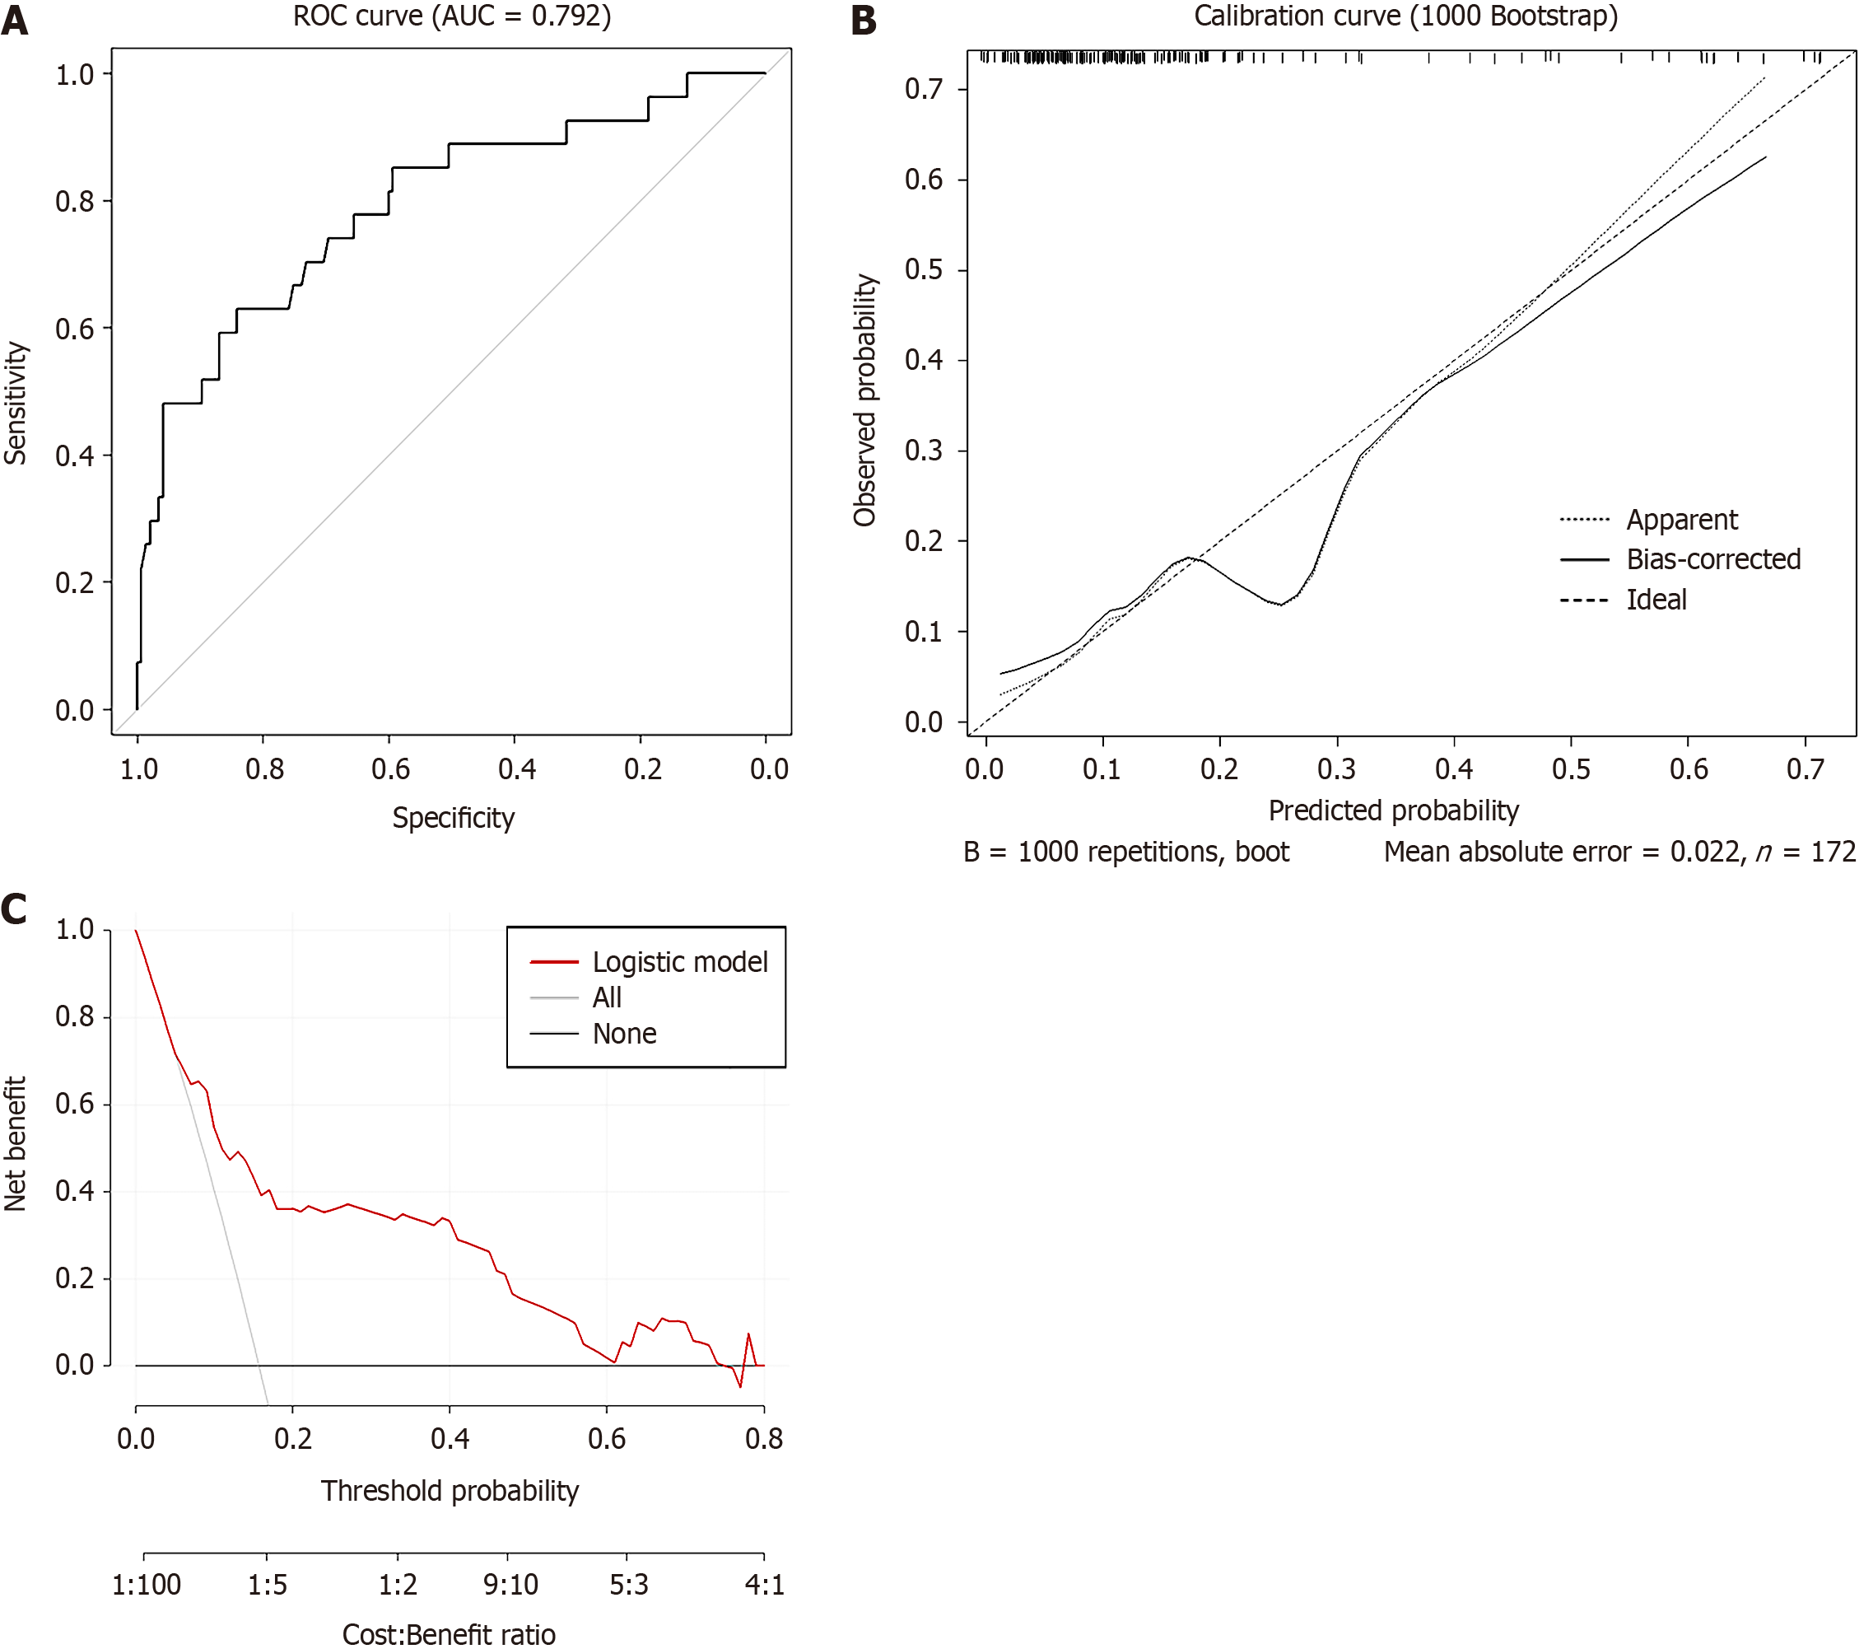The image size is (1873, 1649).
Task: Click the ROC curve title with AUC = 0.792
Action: point(452,16)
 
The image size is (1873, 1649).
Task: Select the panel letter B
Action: point(863,20)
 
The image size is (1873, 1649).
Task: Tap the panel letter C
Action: point(15,909)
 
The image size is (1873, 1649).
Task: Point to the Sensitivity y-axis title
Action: point(16,404)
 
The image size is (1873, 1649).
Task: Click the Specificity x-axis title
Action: point(453,818)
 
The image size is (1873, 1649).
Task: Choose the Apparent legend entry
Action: point(1680,520)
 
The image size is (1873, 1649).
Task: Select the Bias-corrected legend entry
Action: point(1712,559)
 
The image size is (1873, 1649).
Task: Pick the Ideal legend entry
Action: point(1656,600)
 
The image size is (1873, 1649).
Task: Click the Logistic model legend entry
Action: point(679,961)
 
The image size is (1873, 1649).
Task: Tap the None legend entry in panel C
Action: point(624,1034)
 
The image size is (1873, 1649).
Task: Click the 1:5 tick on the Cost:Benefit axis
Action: point(267,1585)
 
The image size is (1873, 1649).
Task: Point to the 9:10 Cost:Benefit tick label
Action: point(510,1585)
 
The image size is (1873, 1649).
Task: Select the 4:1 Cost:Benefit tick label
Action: point(764,1585)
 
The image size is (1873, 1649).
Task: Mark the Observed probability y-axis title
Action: point(865,399)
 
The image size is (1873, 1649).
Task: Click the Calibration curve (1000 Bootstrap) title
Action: point(1405,16)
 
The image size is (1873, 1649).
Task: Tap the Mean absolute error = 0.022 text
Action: point(1562,852)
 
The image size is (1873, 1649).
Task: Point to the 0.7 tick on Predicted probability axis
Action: point(1805,768)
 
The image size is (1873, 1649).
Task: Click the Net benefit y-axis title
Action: point(16,1144)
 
